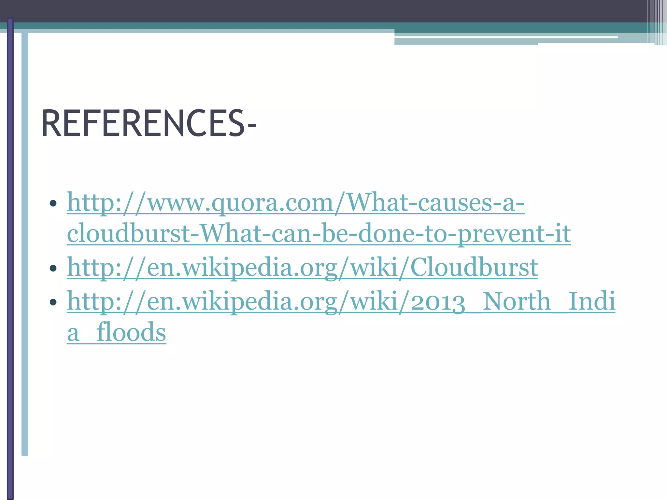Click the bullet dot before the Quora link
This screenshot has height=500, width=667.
[53, 204]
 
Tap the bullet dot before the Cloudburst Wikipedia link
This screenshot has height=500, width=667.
[53, 269]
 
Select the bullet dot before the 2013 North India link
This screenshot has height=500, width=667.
[53, 302]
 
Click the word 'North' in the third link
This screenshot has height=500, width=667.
[516, 301]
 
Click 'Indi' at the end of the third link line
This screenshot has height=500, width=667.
[591, 301]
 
